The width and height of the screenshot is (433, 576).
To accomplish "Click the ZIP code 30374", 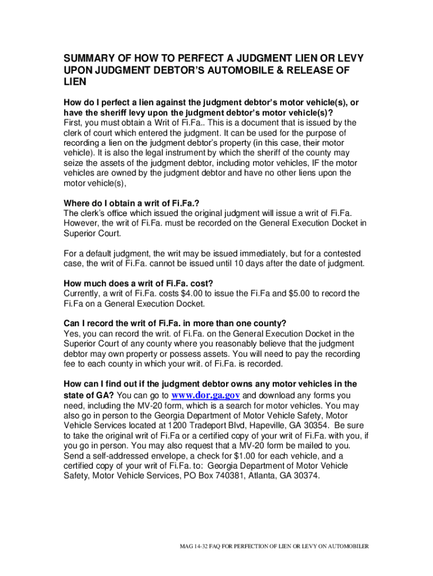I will click(305, 476).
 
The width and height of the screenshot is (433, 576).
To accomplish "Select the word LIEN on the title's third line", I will click(75, 82).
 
